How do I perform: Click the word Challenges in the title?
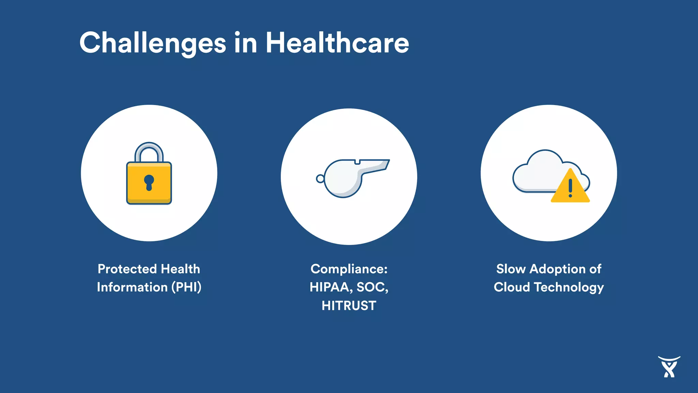(152, 43)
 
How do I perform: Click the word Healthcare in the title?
(337, 43)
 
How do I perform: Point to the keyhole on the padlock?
(149, 182)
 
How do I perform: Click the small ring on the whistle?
(320, 178)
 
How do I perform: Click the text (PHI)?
(186, 287)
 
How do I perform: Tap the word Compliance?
(349, 269)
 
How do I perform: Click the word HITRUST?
(349, 306)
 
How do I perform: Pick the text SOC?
(373, 287)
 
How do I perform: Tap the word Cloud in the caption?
(512, 287)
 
